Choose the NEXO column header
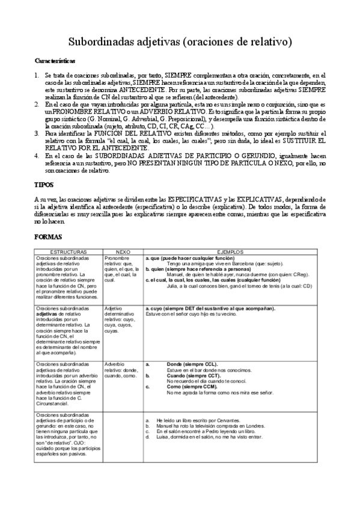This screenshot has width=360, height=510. click(123, 252)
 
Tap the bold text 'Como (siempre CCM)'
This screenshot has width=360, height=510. click(191, 387)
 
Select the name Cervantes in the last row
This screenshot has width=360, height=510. click(228, 419)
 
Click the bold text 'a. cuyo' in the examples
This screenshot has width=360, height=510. click(154, 309)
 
